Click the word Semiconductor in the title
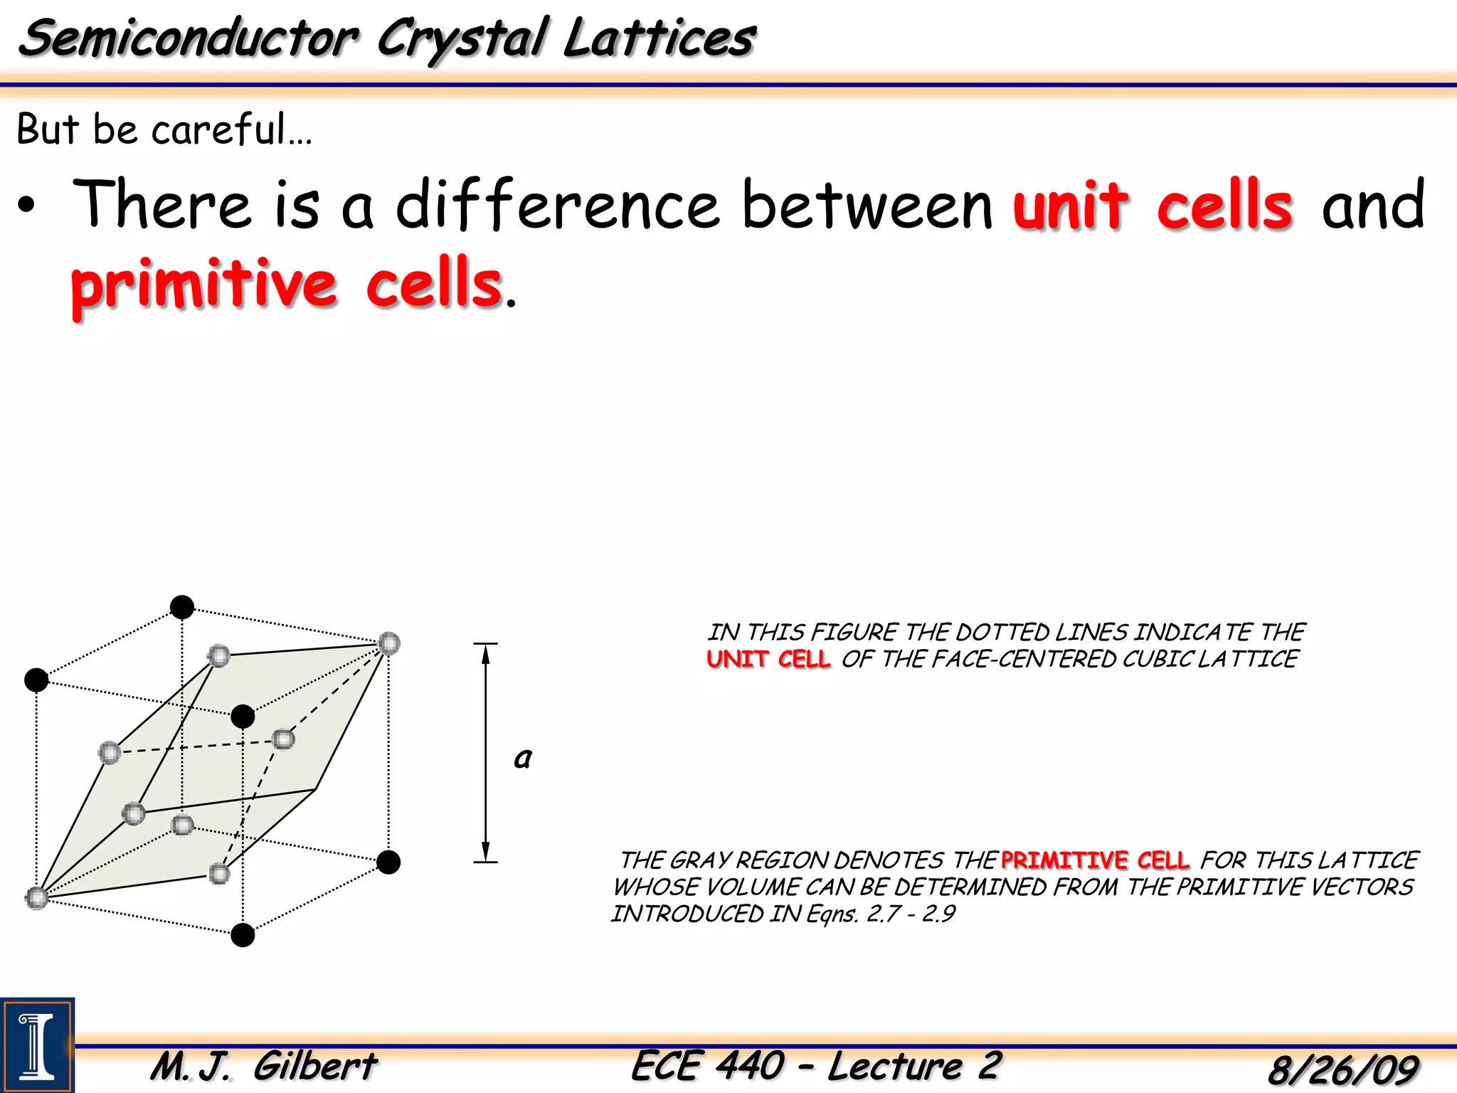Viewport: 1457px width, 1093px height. pos(189,38)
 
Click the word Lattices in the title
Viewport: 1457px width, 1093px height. pos(658,38)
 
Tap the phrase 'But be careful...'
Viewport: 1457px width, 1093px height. pos(164,130)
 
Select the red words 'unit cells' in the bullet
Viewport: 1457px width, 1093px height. pos(1153,206)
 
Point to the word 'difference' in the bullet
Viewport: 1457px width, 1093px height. pos(558,206)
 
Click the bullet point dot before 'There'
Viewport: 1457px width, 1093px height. pos(26,207)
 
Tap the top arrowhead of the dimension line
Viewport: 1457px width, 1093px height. pos(485,653)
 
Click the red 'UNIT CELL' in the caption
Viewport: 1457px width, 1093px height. pos(768,659)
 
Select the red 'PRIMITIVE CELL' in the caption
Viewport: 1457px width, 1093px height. pos(1095,860)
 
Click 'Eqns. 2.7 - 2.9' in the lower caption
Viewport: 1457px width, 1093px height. pos(881,914)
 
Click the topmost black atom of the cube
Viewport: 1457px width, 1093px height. pos(182,607)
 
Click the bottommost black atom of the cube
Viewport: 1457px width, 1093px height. pos(243,934)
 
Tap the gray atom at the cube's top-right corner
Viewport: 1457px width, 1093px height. pos(388,643)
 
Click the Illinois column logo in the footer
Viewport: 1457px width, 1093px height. pos(37,1045)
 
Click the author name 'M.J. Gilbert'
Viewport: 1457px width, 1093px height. pos(264,1066)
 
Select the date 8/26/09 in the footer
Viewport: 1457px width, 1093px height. pos(1342,1069)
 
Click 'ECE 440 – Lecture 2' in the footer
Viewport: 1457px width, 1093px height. pos(816,1066)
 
